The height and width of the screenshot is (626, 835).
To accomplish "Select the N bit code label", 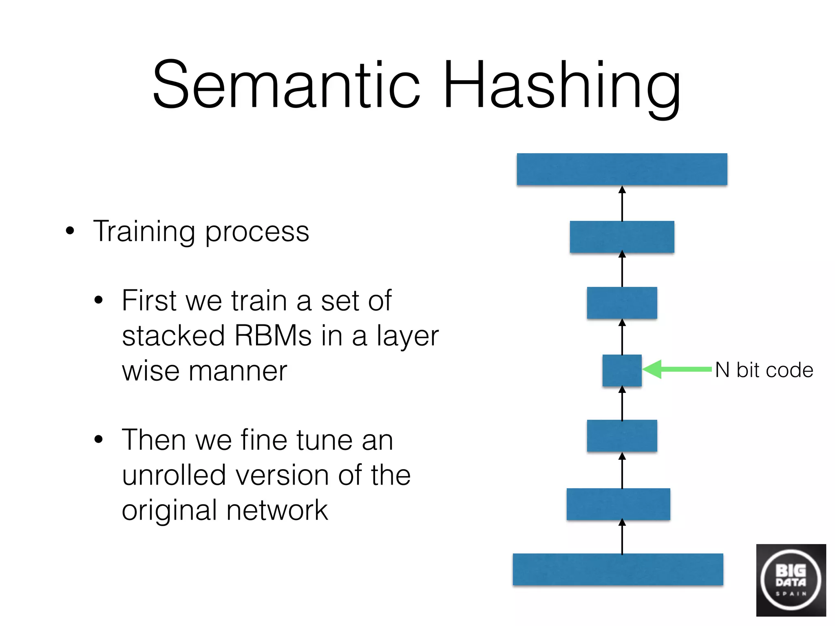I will coord(764,370).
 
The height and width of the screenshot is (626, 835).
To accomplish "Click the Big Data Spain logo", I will coord(791,580).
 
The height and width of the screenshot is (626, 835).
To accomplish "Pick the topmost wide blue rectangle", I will coord(622,169).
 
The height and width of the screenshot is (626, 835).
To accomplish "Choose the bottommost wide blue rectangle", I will coord(618,569).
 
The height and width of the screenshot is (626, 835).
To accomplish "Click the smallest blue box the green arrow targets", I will coord(622,370).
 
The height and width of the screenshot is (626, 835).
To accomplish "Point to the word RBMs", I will coord(273,336).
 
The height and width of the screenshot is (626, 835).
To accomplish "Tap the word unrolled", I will coord(174,475).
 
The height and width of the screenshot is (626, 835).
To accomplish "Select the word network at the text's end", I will coord(277,510).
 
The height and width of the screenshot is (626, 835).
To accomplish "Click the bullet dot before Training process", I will coord(70,231).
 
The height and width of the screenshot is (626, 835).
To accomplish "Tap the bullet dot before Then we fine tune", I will coord(99,440).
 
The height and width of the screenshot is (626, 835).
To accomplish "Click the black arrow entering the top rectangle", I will coord(622,203).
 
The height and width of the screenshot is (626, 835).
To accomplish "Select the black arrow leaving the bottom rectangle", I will coord(622,536).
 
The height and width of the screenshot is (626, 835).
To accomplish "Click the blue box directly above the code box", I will coord(622,303).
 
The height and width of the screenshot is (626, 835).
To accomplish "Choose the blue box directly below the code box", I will coord(622,436).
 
